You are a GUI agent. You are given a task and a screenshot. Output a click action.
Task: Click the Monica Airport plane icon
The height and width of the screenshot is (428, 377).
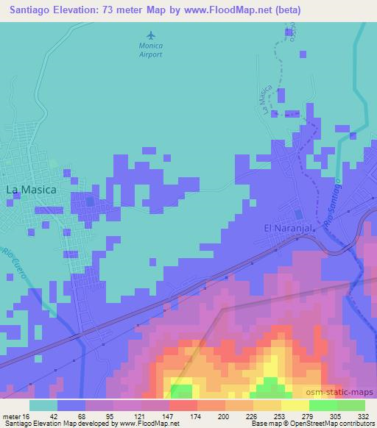152,35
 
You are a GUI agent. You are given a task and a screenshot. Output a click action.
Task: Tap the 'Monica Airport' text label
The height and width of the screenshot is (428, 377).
152,49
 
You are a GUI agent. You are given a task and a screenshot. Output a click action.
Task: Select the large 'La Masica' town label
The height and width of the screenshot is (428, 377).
32,189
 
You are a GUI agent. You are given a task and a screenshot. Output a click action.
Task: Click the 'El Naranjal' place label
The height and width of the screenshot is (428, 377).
289,228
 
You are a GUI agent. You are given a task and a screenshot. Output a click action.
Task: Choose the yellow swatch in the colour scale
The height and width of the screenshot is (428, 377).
295,404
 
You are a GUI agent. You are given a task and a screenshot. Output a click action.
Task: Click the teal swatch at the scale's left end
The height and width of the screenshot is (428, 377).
43,404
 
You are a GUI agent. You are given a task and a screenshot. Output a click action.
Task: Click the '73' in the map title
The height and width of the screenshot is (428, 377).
116,9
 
